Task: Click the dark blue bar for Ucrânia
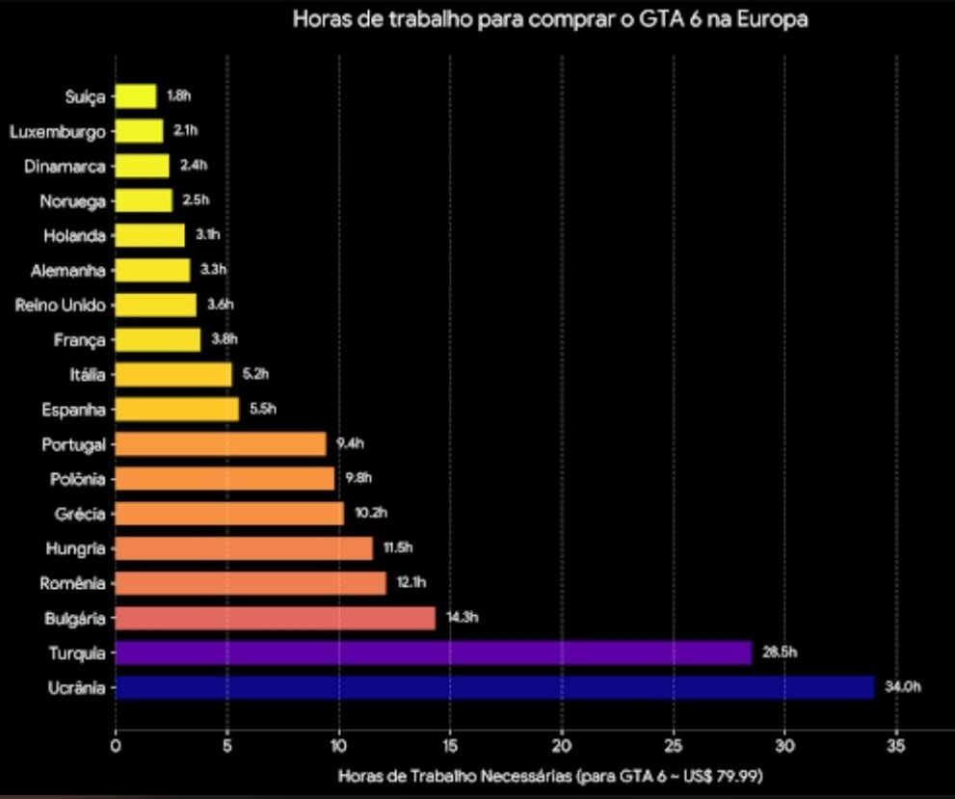(x=494, y=687)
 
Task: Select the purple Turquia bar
(x=434, y=653)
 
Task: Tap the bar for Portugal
(x=221, y=444)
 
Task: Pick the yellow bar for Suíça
(x=136, y=96)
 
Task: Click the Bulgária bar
(x=276, y=618)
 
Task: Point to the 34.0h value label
(x=903, y=687)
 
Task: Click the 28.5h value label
(x=780, y=653)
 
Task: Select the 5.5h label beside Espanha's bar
(x=263, y=409)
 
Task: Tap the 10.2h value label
(x=371, y=513)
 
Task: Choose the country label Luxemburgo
(x=57, y=132)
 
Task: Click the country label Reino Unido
(x=61, y=306)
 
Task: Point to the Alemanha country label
(x=68, y=271)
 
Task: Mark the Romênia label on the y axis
(x=72, y=583)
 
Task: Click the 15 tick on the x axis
(x=450, y=745)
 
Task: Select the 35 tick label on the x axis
(x=896, y=745)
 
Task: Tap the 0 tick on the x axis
(x=116, y=745)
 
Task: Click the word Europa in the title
(x=772, y=19)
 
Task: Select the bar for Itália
(x=173, y=375)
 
